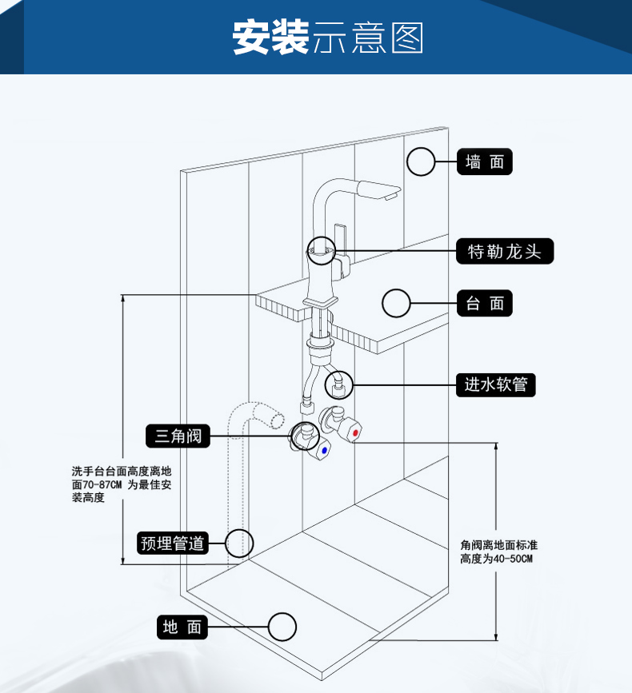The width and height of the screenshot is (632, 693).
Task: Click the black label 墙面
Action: [x=484, y=162]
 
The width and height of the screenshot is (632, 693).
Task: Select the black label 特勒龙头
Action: [x=504, y=252]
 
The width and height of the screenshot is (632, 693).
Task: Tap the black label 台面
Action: [x=484, y=304]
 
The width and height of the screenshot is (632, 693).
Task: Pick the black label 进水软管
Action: [x=496, y=384]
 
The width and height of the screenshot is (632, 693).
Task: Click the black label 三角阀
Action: [x=178, y=436]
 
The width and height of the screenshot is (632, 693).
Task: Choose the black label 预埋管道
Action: [x=173, y=544]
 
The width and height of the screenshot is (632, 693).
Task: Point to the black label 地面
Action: [x=182, y=627]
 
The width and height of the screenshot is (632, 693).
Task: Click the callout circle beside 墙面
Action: [x=421, y=162]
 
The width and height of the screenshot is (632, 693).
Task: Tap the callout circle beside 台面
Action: [x=396, y=304]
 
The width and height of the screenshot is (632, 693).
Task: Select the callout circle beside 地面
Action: [x=282, y=627]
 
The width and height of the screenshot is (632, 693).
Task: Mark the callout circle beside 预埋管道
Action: [x=239, y=544]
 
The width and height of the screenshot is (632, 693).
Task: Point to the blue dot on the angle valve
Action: [x=323, y=450]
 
